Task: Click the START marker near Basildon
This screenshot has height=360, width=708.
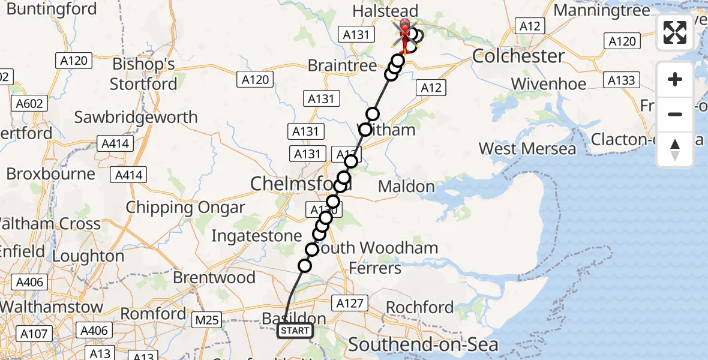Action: coord(295,331)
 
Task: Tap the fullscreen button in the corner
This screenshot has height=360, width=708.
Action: coord(675,32)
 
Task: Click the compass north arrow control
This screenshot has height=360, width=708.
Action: coord(675,149)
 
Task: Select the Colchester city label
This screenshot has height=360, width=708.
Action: coord(518,56)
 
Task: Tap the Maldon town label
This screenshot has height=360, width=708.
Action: coord(406,187)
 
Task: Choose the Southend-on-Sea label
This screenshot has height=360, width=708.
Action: coord(423,344)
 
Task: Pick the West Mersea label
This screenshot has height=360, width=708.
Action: coord(527,148)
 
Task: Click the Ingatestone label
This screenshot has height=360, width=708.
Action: coord(256,236)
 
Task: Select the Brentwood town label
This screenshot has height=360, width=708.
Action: coord(214,278)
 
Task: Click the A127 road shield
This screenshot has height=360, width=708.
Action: coord(350,304)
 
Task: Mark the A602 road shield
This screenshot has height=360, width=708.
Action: coord(30,104)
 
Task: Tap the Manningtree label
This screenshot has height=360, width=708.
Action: coord(602,11)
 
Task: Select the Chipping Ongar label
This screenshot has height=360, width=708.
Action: coord(185,208)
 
